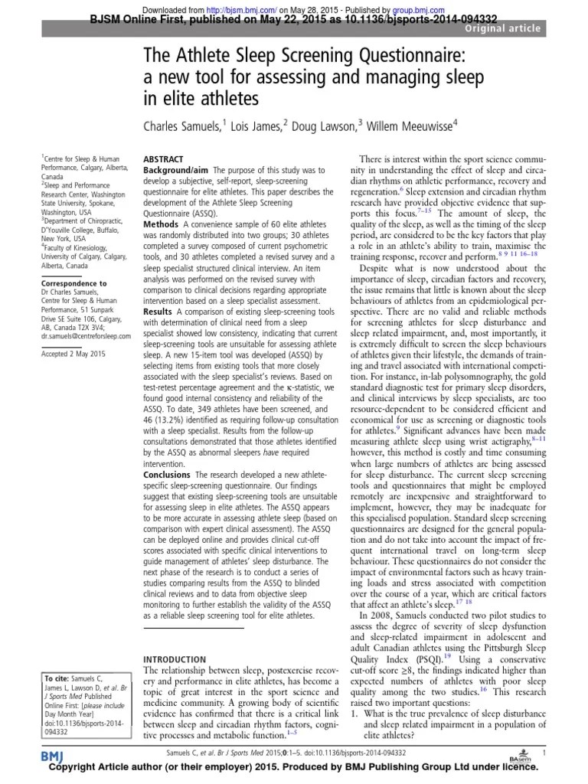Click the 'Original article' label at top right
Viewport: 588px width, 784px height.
501,28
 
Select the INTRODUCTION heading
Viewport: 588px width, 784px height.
175,658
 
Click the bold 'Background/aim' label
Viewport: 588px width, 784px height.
175,168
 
